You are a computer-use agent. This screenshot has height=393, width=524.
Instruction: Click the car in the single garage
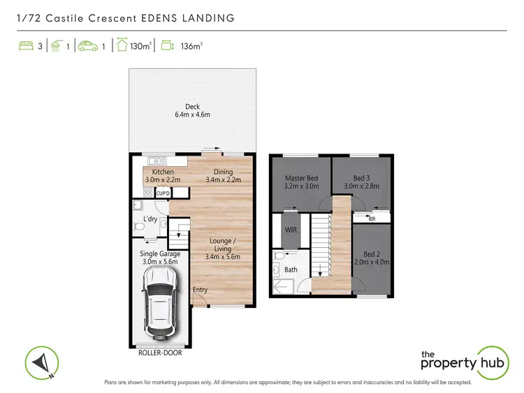coord(159,302)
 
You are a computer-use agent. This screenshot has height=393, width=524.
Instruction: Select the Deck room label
coord(192,107)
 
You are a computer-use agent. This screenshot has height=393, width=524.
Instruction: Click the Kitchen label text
coord(163,172)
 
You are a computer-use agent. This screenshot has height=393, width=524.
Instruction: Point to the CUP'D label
coord(163,193)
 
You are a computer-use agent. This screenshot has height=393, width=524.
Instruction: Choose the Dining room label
coord(224,172)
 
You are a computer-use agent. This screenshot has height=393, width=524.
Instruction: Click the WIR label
coord(291,229)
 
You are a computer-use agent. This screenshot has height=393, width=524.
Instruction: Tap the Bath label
coord(291,269)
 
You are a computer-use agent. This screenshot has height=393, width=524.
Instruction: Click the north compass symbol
coord(41,362)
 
